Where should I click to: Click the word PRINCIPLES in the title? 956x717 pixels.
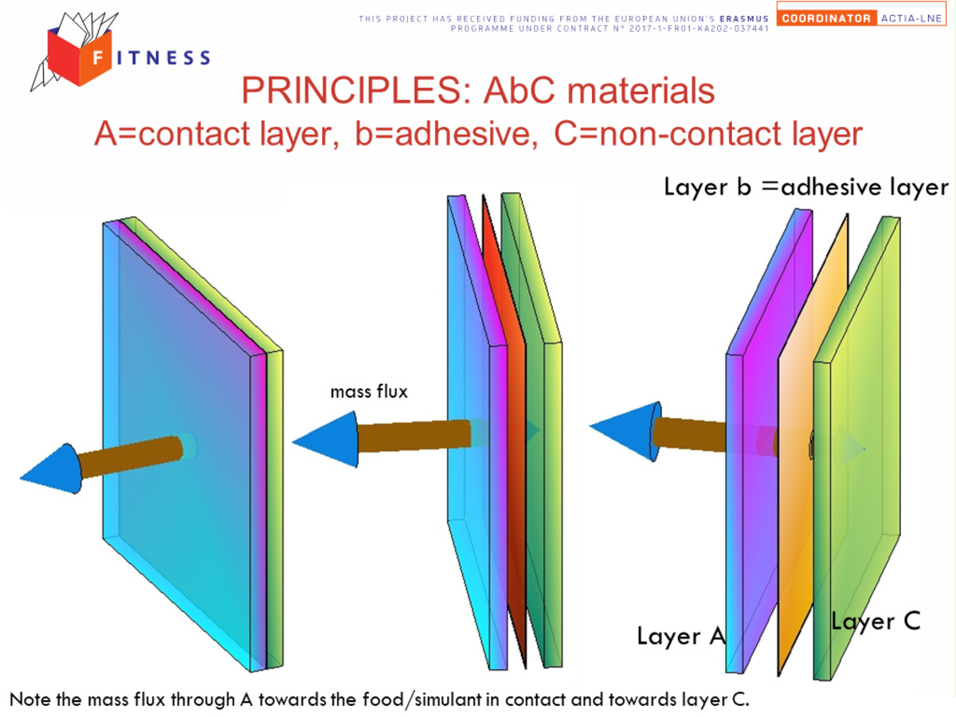[356, 90]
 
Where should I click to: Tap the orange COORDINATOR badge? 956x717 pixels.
[826, 18]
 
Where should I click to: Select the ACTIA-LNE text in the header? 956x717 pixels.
[911, 18]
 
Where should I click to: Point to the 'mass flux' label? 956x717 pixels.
[369, 391]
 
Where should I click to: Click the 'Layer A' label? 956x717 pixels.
[680, 636]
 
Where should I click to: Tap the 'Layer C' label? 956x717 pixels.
[876, 621]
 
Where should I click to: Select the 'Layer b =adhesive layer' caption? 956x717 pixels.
[805, 188]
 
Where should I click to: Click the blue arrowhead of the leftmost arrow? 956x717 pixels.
[52, 469]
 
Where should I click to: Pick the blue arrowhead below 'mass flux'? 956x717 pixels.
[326, 440]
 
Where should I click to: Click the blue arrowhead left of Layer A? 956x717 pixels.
[625, 431]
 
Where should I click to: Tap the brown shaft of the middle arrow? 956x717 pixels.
[413, 436]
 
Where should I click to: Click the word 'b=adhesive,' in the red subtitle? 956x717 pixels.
[447, 133]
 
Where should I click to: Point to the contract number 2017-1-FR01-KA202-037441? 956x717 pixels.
[699, 29]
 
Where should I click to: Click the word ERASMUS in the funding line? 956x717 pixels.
[744, 18]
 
